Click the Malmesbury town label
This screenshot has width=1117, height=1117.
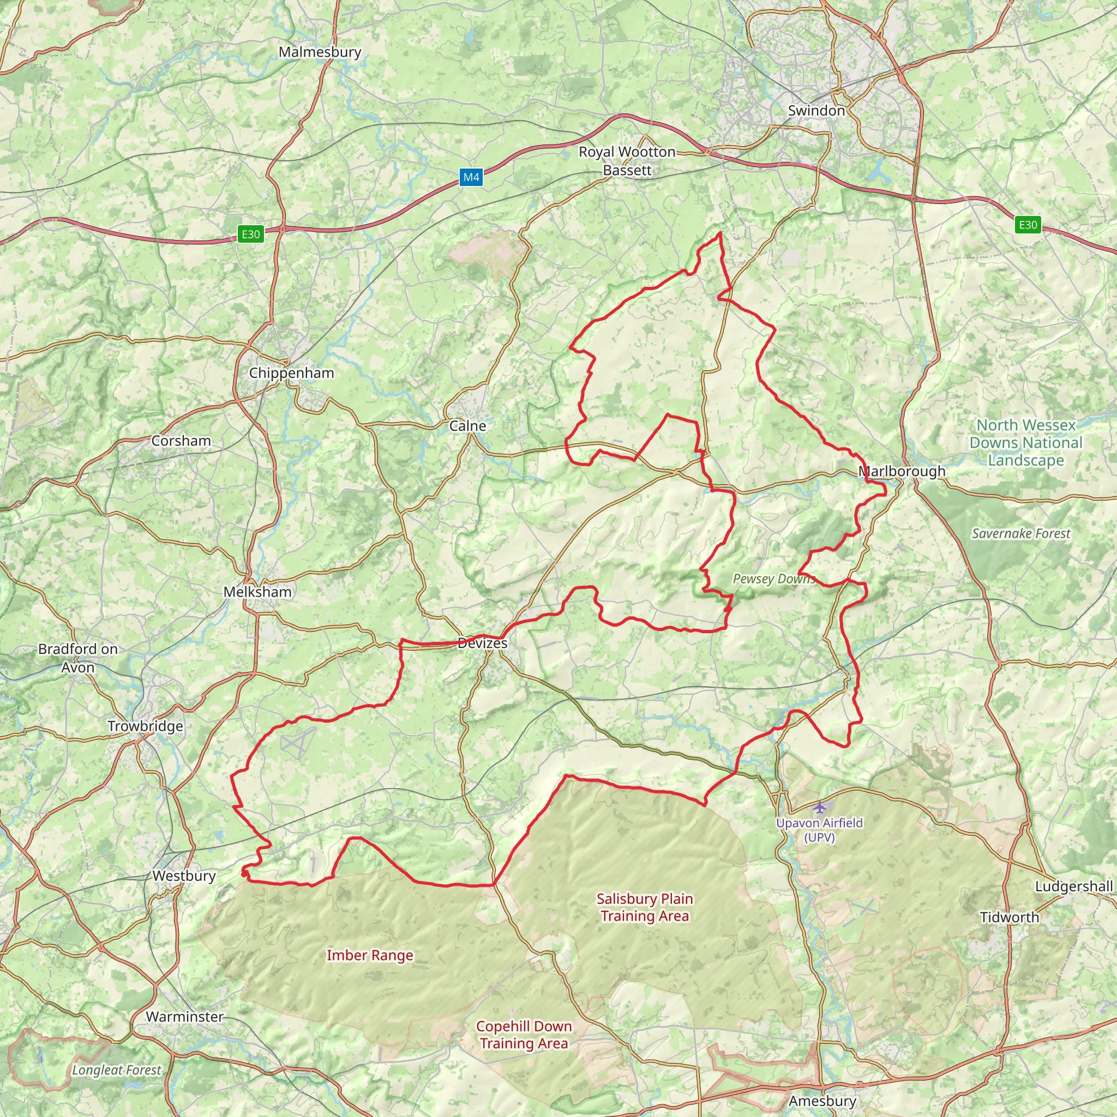point(320,52)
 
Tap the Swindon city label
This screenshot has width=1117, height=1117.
point(816,110)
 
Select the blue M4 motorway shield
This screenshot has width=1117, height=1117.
point(471,177)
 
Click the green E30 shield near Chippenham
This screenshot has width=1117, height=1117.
point(250,234)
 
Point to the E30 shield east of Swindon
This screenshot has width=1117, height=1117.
point(1028,225)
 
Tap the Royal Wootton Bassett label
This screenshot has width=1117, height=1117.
point(627,161)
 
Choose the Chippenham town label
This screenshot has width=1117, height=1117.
point(291,373)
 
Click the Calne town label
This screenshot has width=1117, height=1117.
point(468,426)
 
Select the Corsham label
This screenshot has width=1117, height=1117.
point(181,441)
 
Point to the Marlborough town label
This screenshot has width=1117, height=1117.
point(902,471)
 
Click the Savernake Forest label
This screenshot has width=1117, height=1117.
point(1020,533)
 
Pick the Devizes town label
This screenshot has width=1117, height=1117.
point(482,643)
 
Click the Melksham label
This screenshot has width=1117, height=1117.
point(257,592)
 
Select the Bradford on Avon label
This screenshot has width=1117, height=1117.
point(78,658)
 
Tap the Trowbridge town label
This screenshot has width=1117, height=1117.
point(145,726)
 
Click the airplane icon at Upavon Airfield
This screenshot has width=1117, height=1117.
point(819,807)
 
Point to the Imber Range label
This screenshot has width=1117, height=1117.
point(369,955)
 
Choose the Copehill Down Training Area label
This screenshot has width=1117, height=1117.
point(524,1034)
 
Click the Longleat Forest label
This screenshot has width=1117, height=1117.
point(116,1070)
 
